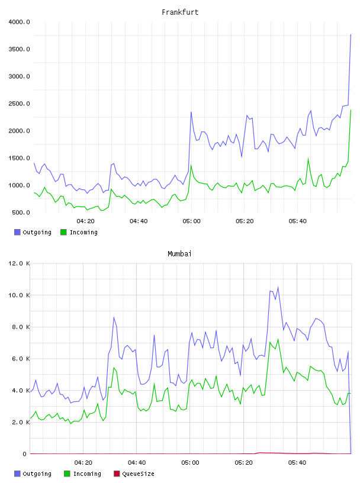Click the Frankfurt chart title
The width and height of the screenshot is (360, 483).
pyautogui.click(x=180, y=12)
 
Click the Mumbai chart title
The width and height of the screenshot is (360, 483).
pyautogui.click(x=179, y=254)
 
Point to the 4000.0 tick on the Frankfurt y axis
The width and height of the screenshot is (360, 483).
pyautogui.click(x=19, y=22)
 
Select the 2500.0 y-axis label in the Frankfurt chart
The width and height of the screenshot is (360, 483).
pyautogui.click(x=19, y=104)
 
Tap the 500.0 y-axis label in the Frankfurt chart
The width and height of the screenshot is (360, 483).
pyautogui.click(x=21, y=212)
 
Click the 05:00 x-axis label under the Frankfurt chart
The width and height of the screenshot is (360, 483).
pyautogui.click(x=191, y=221)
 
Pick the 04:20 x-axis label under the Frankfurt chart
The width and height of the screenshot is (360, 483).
pyautogui.click(x=85, y=221)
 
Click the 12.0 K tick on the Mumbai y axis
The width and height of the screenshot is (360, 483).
pyautogui.click(x=19, y=263)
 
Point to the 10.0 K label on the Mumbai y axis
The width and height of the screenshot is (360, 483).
pyautogui.click(x=19, y=295)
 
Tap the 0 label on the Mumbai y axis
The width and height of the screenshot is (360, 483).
pyautogui.click(x=25, y=454)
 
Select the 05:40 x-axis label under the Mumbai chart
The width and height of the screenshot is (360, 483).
pyautogui.click(x=297, y=463)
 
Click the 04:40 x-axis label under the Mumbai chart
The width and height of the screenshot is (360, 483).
pyautogui.click(x=137, y=463)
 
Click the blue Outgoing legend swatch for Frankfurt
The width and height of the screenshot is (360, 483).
pyautogui.click(x=17, y=232)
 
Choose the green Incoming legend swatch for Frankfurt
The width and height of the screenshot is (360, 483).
pyautogui.click(x=63, y=232)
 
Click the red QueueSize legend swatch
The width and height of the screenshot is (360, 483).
pyautogui.click(x=117, y=474)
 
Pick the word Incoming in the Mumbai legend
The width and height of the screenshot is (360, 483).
pyautogui.click(x=87, y=474)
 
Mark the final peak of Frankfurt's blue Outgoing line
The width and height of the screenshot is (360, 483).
pyautogui.click(x=351, y=34)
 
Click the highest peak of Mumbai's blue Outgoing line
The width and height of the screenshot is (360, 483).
pyautogui.click(x=278, y=287)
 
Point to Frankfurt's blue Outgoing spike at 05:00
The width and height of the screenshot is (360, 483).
pyautogui.click(x=191, y=112)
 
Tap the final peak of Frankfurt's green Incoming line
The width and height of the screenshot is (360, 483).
pyautogui.click(x=351, y=110)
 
